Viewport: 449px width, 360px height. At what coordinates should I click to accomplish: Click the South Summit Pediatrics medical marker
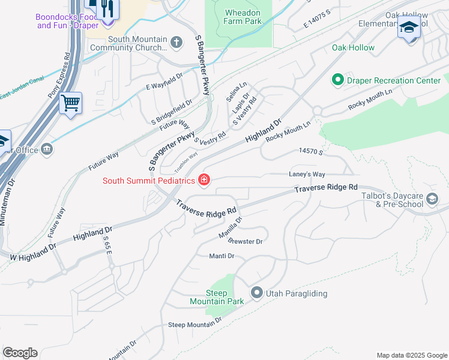[204, 180]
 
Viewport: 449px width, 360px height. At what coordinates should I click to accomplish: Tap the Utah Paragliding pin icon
[257, 293]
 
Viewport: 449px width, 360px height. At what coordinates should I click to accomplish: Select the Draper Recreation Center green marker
[337, 80]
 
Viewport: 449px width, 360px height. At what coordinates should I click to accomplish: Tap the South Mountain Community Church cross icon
[176, 42]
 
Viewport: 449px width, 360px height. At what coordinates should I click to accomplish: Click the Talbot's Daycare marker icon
[433, 199]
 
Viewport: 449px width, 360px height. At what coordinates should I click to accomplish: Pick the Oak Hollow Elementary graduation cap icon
[409, 28]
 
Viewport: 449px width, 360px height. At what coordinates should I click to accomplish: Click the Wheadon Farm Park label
[243, 17]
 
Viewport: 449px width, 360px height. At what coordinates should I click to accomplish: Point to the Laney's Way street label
[307, 174]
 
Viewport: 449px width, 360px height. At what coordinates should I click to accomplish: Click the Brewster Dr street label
[246, 241]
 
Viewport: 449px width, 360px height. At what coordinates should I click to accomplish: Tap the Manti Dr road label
[221, 256]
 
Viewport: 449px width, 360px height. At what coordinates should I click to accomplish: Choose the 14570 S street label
[312, 153]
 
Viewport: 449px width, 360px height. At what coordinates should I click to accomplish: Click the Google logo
[20, 353]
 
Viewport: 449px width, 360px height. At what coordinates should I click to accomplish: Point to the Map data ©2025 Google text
[411, 355]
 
